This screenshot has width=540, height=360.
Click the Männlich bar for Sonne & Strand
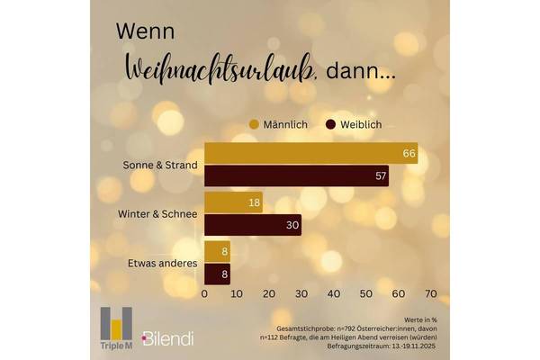[x=311, y=154]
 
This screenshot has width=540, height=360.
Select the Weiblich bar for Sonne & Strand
[x=297, y=175]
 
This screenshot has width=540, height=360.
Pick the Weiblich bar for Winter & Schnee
[x=253, y=224]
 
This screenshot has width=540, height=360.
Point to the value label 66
[x=409, y=154]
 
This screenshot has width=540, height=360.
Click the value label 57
[x=381, y=175]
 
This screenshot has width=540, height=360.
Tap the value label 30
[x=292, y=224]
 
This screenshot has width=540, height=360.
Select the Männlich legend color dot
[x=254, y=123]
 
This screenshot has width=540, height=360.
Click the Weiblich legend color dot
[x=330, y=123]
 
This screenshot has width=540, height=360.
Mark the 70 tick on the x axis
[x=430, y=294]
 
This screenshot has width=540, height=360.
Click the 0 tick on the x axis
[x=205, y=294]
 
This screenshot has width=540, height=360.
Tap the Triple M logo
[x=115, y=328]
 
